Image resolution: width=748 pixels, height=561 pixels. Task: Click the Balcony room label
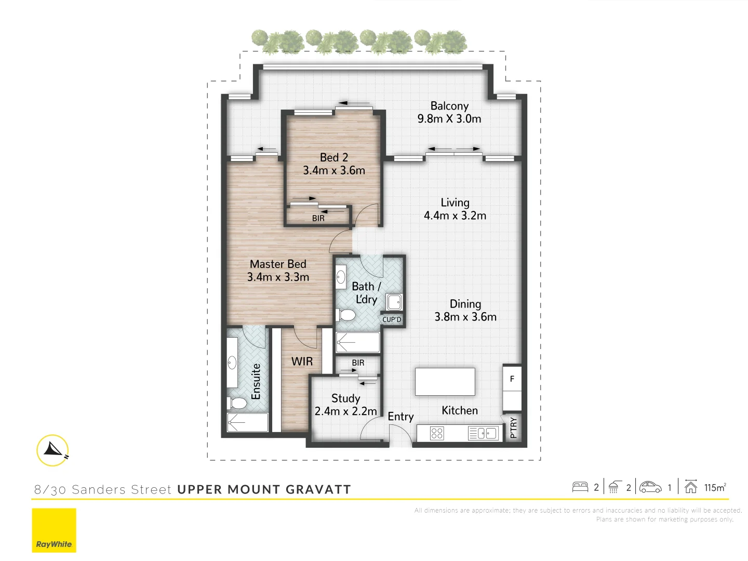449,106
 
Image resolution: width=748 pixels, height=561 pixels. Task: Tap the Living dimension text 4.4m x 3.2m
455,216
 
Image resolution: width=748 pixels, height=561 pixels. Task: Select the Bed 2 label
334,157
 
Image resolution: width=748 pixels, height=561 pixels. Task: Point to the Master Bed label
278,264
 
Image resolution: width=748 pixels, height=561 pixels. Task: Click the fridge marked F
512,379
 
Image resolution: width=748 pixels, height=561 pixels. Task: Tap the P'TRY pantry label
514,428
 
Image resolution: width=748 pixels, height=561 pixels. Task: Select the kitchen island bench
445,382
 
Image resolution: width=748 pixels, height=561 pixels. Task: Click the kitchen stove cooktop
437,433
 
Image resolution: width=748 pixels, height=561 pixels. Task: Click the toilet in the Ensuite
238,403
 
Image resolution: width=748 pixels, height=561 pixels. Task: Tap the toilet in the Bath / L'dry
346,315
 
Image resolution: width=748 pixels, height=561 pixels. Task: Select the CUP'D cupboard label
392,319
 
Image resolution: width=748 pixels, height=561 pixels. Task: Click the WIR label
302,362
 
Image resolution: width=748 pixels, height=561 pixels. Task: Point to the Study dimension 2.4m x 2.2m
345,411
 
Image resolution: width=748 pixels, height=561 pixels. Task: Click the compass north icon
53,450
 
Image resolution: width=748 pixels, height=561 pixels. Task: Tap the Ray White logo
54,530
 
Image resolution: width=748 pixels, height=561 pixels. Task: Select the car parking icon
650,487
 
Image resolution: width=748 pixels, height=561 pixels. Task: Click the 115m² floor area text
715,487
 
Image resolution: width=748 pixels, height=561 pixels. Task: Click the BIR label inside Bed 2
318,219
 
